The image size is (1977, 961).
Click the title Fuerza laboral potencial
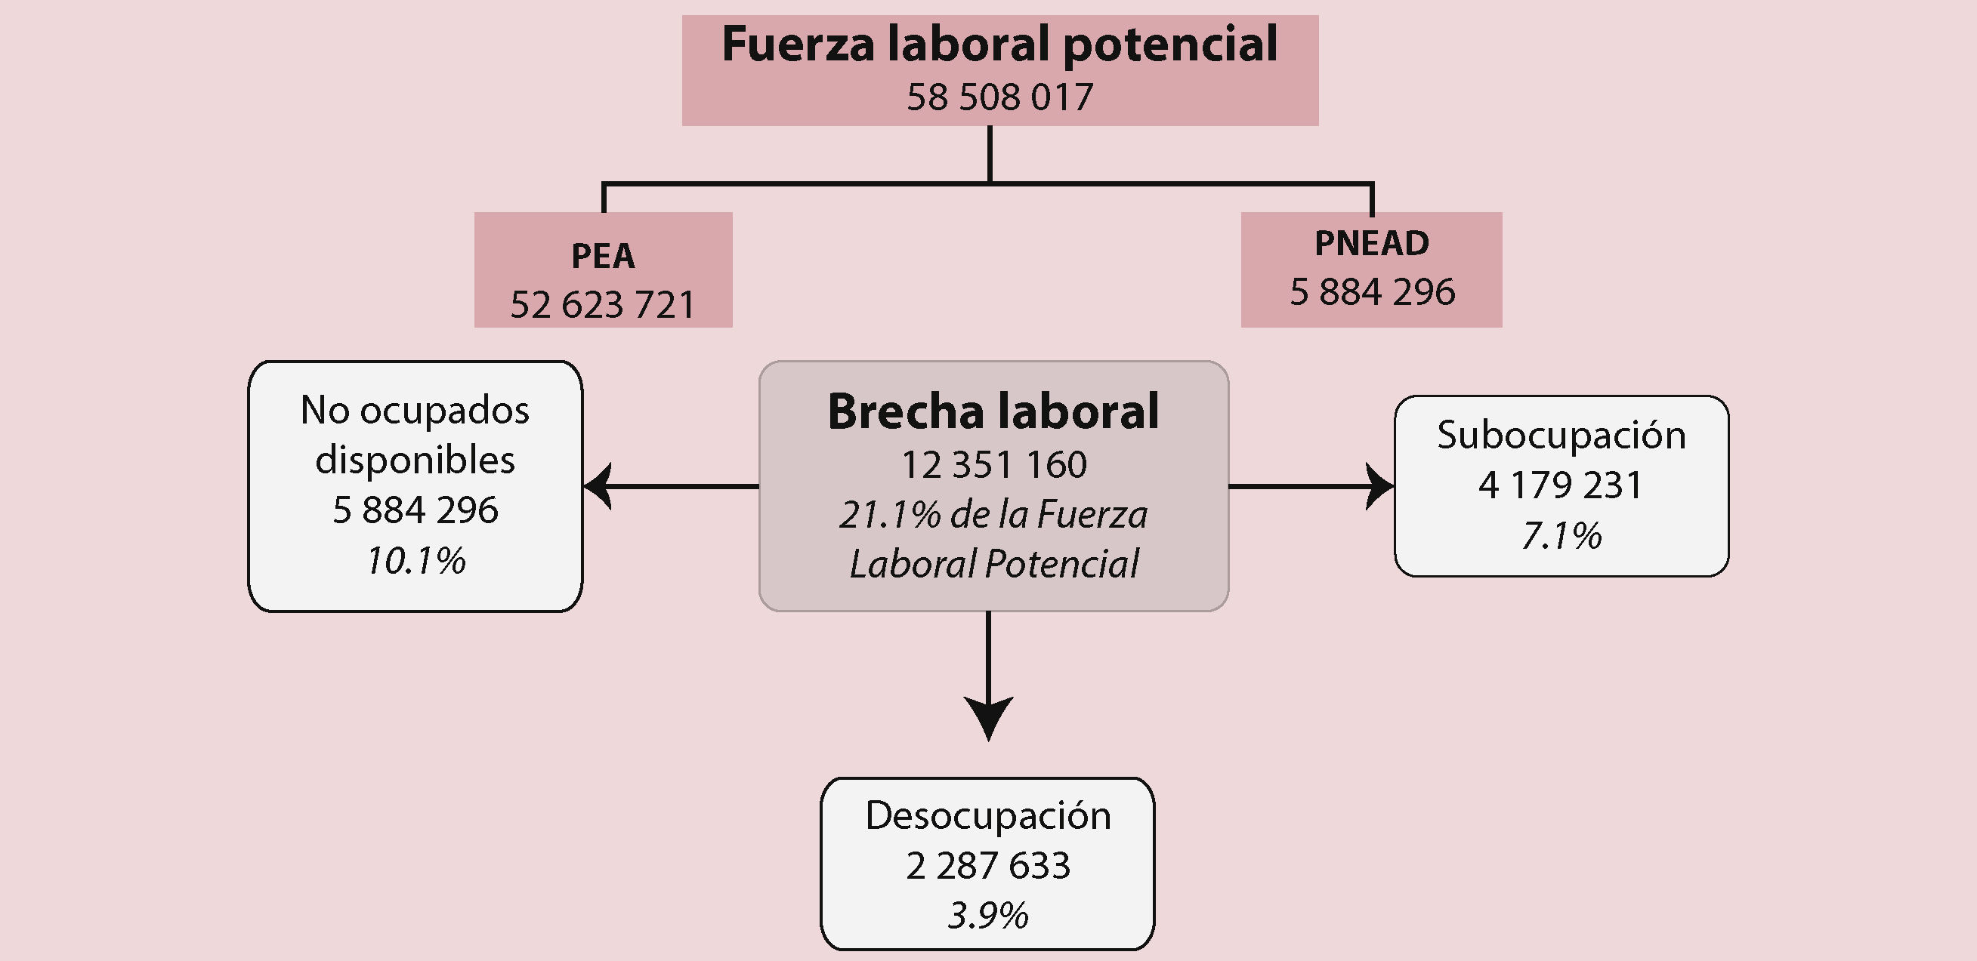click(x=999, y=45)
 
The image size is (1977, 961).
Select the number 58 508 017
click(x=999, y=97)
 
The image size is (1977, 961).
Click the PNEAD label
click(x=1371, y=243)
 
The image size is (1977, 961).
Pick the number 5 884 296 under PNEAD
click(x=1371, y=292)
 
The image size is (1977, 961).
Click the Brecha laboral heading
click(x=993, y=411)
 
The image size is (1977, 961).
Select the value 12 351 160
click(x=993, y=465)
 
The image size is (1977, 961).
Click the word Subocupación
click(x=1561, y=436)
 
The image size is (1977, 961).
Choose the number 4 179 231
click(x=1561, y=485)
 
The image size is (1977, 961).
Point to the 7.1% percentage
click(x=1561, y=535)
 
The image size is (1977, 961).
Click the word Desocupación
click(x=987, y=815)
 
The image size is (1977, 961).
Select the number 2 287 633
click(x=987, y=866)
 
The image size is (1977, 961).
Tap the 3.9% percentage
click(x=987, y=916)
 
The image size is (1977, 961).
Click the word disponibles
click(x=415, y=460)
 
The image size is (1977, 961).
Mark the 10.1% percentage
click(x=415, y=561)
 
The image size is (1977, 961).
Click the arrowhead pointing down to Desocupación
click(x=988, y=716)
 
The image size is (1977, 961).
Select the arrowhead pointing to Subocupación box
click(x=1380, y=486)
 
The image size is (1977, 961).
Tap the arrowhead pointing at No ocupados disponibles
click(x=598, y=486)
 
